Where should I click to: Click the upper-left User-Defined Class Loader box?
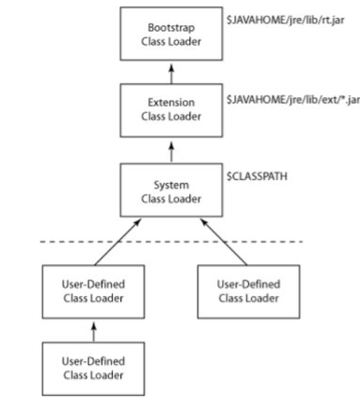pyautogui.click(x=86, y=289)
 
